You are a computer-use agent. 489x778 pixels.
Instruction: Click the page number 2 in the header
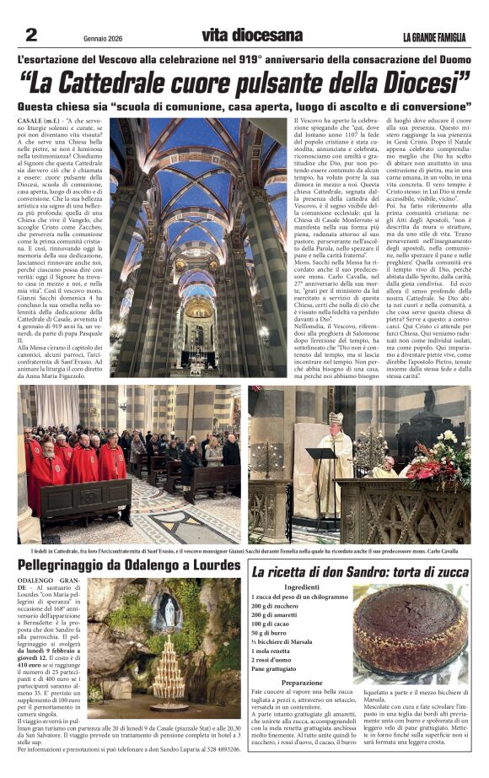point(31,35)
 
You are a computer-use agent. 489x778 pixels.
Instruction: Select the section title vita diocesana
point(251,35)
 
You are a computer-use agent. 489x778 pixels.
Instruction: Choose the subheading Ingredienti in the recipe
point(301,586)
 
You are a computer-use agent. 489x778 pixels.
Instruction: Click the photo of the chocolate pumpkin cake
point(409,633)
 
